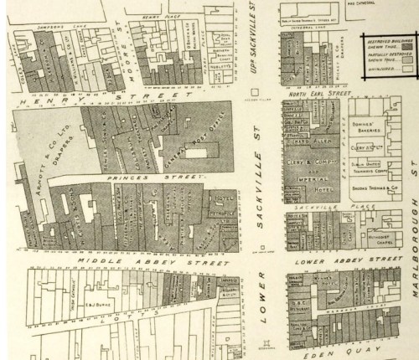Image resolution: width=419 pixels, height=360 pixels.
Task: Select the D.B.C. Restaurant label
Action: tap(297, 284)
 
